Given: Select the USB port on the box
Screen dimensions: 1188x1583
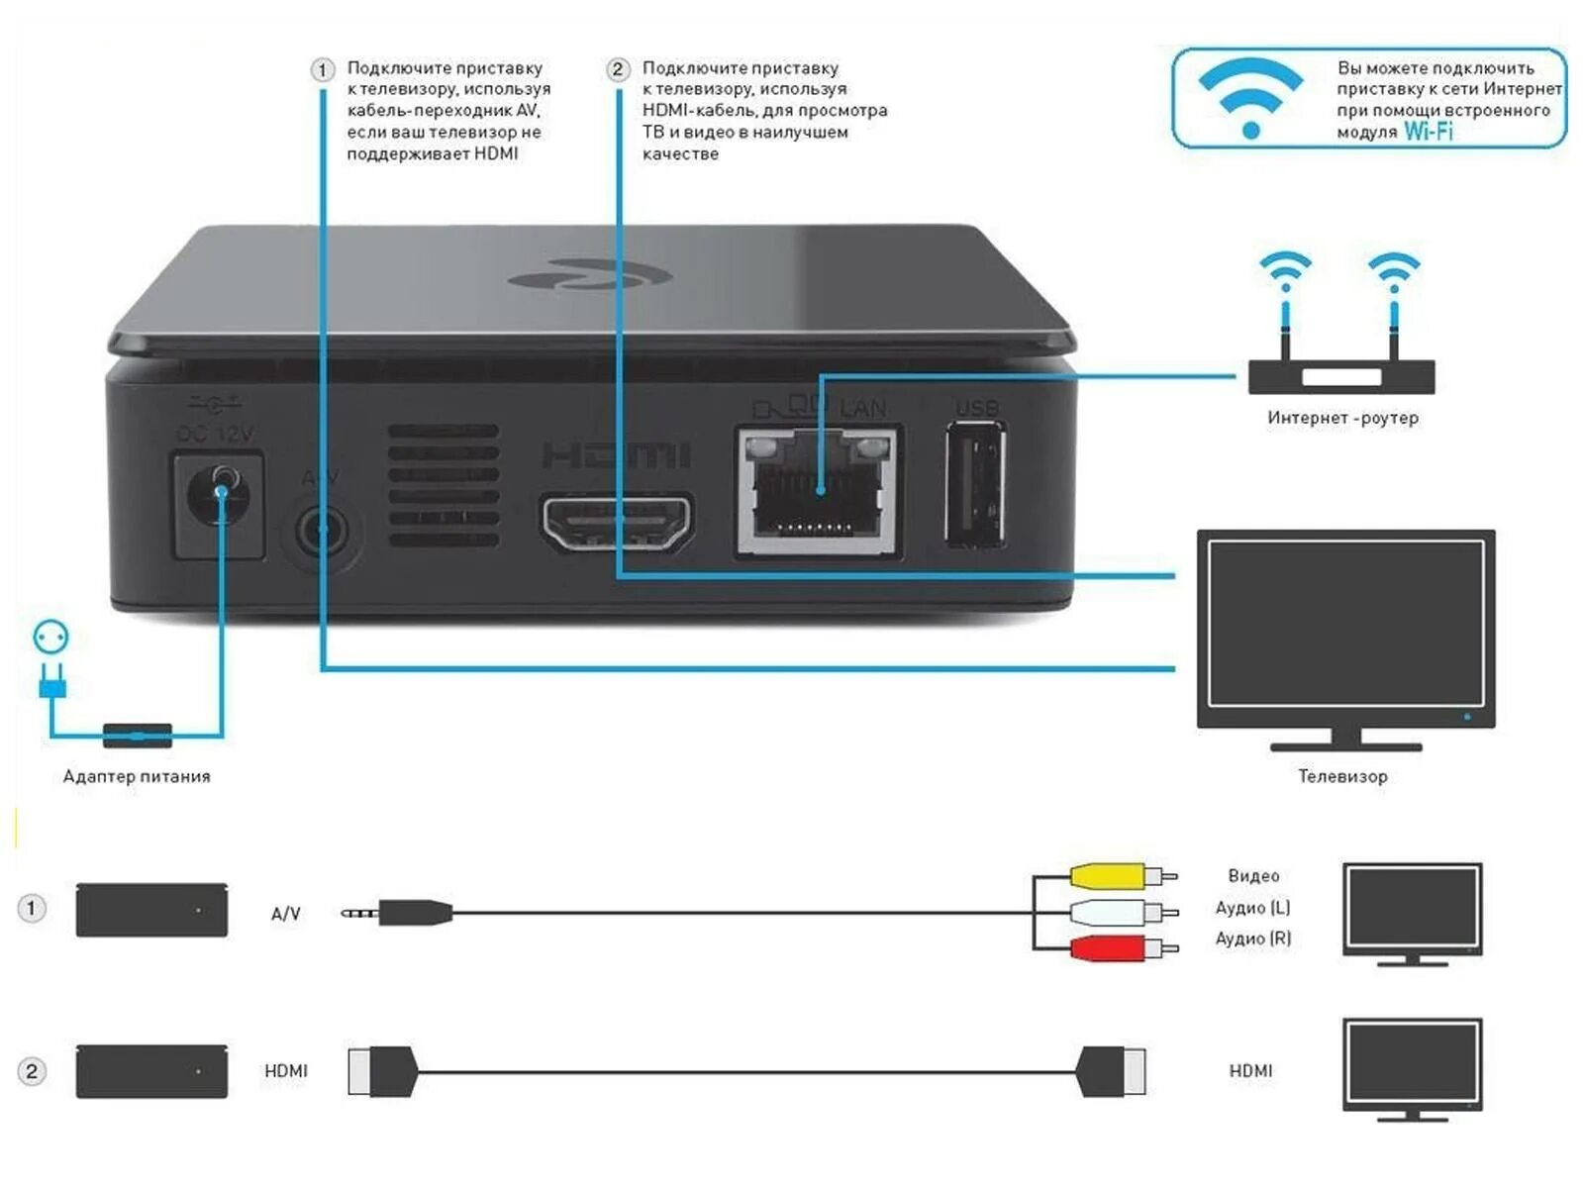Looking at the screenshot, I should coord(976,484).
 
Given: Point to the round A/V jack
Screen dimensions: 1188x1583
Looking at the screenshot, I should coord(321,533).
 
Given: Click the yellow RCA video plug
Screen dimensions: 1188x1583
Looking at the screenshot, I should coord(1107,876).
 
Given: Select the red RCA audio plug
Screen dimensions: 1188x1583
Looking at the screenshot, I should coord(1107,948).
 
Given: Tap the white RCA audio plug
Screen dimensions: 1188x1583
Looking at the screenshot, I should coord(1107,912).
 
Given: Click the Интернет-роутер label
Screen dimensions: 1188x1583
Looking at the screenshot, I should coord(1342,418).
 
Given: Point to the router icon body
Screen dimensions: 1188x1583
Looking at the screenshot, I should coord(1341,377).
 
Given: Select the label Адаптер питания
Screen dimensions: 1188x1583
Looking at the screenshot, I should coord(137,776).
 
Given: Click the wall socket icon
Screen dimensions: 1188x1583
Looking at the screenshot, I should coord(51,637).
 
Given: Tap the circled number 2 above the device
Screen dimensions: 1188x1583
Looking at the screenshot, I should coord(618,69).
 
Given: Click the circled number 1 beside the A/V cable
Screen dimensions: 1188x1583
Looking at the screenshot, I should coord(32,908).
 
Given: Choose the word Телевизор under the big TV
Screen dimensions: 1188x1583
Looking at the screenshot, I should coord(1342,776).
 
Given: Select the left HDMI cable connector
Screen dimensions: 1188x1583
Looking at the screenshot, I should coord(382,1071).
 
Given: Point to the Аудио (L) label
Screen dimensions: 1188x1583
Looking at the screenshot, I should coord(1252,908).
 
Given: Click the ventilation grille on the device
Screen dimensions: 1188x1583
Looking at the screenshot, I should coord(443,486).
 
